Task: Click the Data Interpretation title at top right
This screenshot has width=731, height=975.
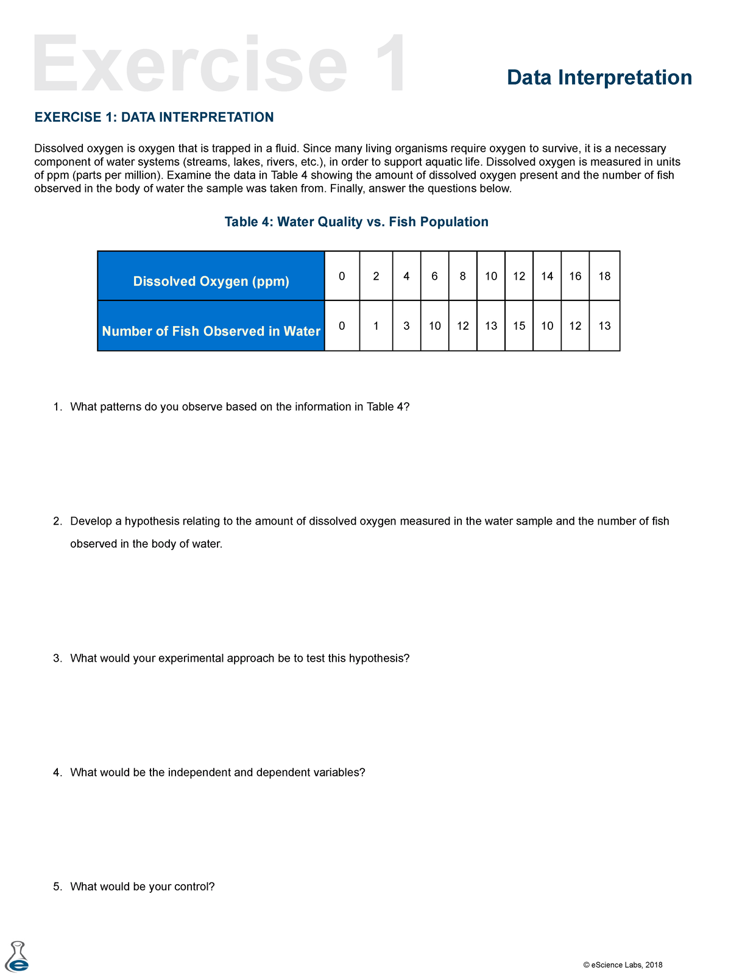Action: pos(599,77)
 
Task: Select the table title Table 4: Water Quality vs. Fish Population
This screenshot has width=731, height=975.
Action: pos(356,222)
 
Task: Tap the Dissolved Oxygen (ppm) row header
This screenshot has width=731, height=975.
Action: pos(211,281)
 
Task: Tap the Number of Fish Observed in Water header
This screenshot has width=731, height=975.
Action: pos(211,331)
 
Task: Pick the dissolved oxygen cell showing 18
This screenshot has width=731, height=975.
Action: pos(604,276)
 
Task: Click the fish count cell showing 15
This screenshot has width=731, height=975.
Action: pos(519,326)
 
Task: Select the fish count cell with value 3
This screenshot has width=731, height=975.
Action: pos(406,326)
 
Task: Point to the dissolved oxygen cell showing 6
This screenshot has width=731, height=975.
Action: pos(434,276)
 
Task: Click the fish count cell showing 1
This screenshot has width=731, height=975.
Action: pos(376,326)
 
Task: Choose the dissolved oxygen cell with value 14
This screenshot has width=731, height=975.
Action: pos(547,276)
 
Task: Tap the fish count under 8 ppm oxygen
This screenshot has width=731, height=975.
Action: pos(463,326)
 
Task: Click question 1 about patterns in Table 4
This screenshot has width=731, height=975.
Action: pos(239,406)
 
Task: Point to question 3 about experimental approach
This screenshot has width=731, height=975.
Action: pos(239,658)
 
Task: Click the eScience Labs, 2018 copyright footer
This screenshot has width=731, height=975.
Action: pos(623,965)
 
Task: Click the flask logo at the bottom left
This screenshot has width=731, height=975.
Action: pos(17,957)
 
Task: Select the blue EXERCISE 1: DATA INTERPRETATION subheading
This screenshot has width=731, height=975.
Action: pos(154,117)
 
